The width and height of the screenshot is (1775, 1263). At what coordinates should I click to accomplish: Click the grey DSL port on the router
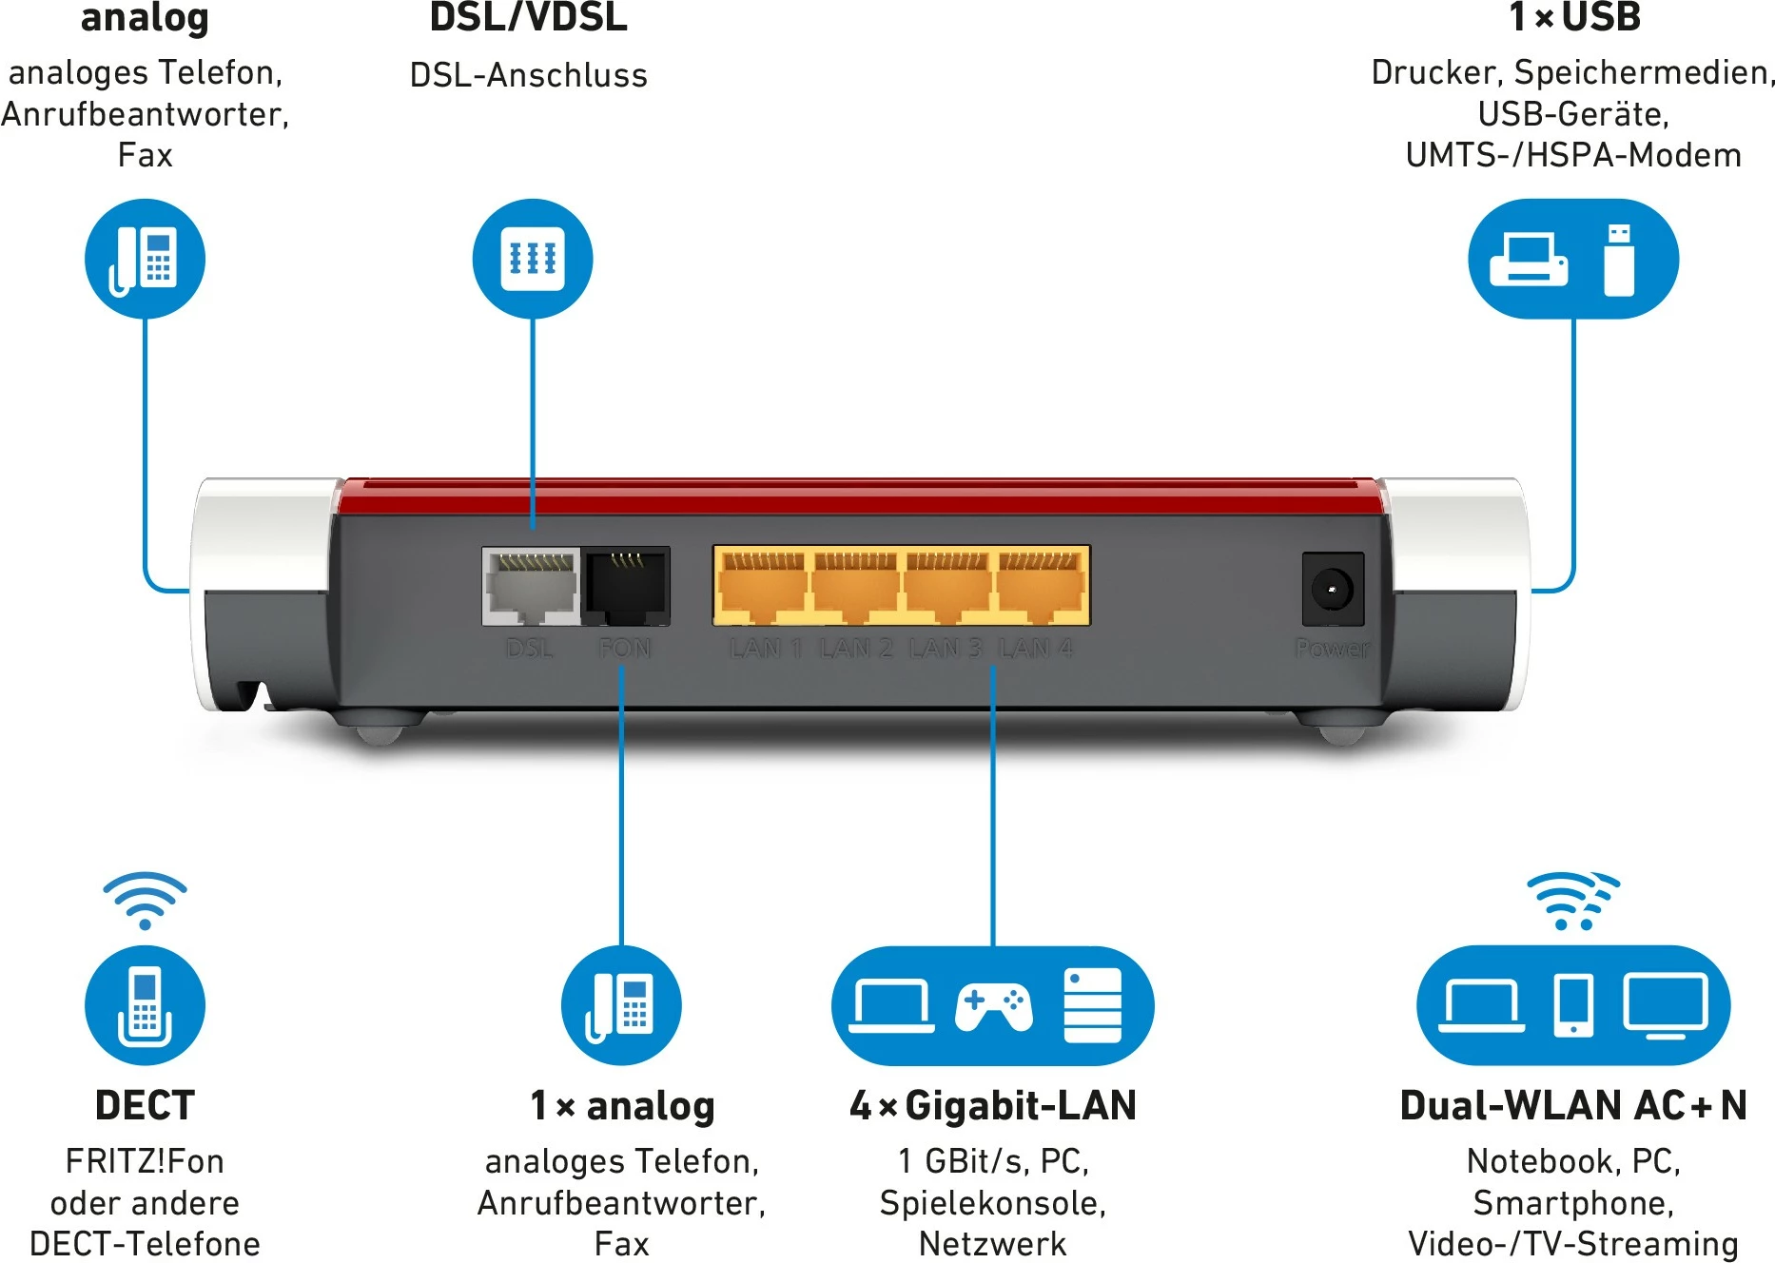531,586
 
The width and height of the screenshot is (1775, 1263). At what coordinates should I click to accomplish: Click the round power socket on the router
1332,590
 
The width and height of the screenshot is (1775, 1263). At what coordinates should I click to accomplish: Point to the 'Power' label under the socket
1332,649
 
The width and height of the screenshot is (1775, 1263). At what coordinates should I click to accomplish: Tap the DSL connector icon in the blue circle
533,259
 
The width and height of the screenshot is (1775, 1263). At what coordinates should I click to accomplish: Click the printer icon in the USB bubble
1528,259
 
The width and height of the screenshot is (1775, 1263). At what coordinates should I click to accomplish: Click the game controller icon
993,1007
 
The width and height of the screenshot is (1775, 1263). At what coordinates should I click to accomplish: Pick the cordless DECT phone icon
145,1006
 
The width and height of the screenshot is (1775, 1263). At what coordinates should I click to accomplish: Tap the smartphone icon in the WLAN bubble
1573,1005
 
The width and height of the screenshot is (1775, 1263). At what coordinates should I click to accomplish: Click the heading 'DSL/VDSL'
529,18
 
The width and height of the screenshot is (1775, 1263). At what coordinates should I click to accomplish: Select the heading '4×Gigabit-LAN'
993,1105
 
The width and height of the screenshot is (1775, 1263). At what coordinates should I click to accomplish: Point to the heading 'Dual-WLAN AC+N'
1573,1105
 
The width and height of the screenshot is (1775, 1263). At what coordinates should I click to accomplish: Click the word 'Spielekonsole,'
993,1203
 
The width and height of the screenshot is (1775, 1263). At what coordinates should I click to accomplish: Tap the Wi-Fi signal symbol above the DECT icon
145,900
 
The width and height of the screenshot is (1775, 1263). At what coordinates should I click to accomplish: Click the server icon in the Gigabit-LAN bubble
1092,1005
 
